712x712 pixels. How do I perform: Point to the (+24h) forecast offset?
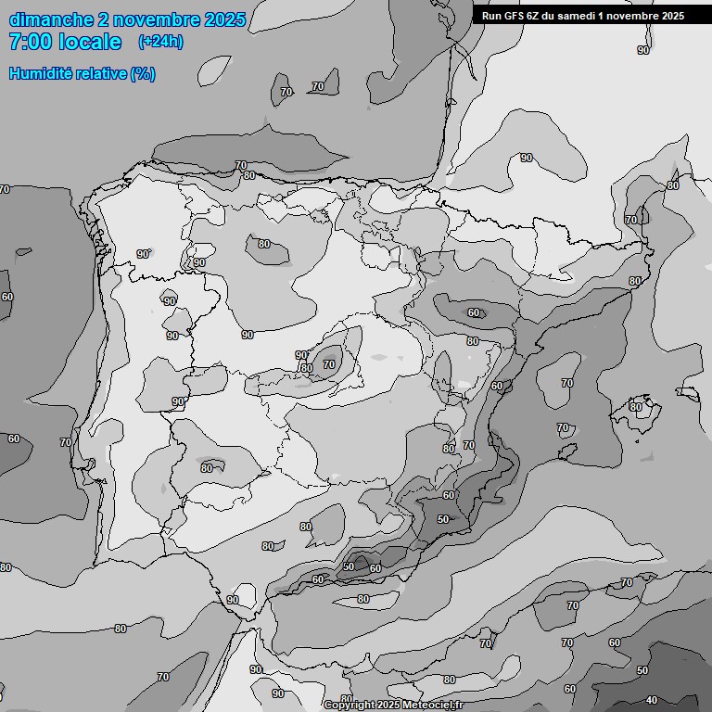(160, 42)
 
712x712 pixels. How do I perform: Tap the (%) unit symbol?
(143, 74)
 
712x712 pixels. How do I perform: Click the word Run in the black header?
(491, 16)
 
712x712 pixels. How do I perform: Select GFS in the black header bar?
(514, 16)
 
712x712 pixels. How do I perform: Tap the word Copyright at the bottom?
(350, 706)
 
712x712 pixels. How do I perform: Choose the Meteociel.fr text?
(435, 706)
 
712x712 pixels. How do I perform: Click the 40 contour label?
(652, 700)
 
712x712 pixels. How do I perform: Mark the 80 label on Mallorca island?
(636, 406)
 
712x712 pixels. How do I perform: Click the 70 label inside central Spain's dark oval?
(329, 365)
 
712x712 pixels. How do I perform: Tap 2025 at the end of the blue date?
(225, 19)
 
